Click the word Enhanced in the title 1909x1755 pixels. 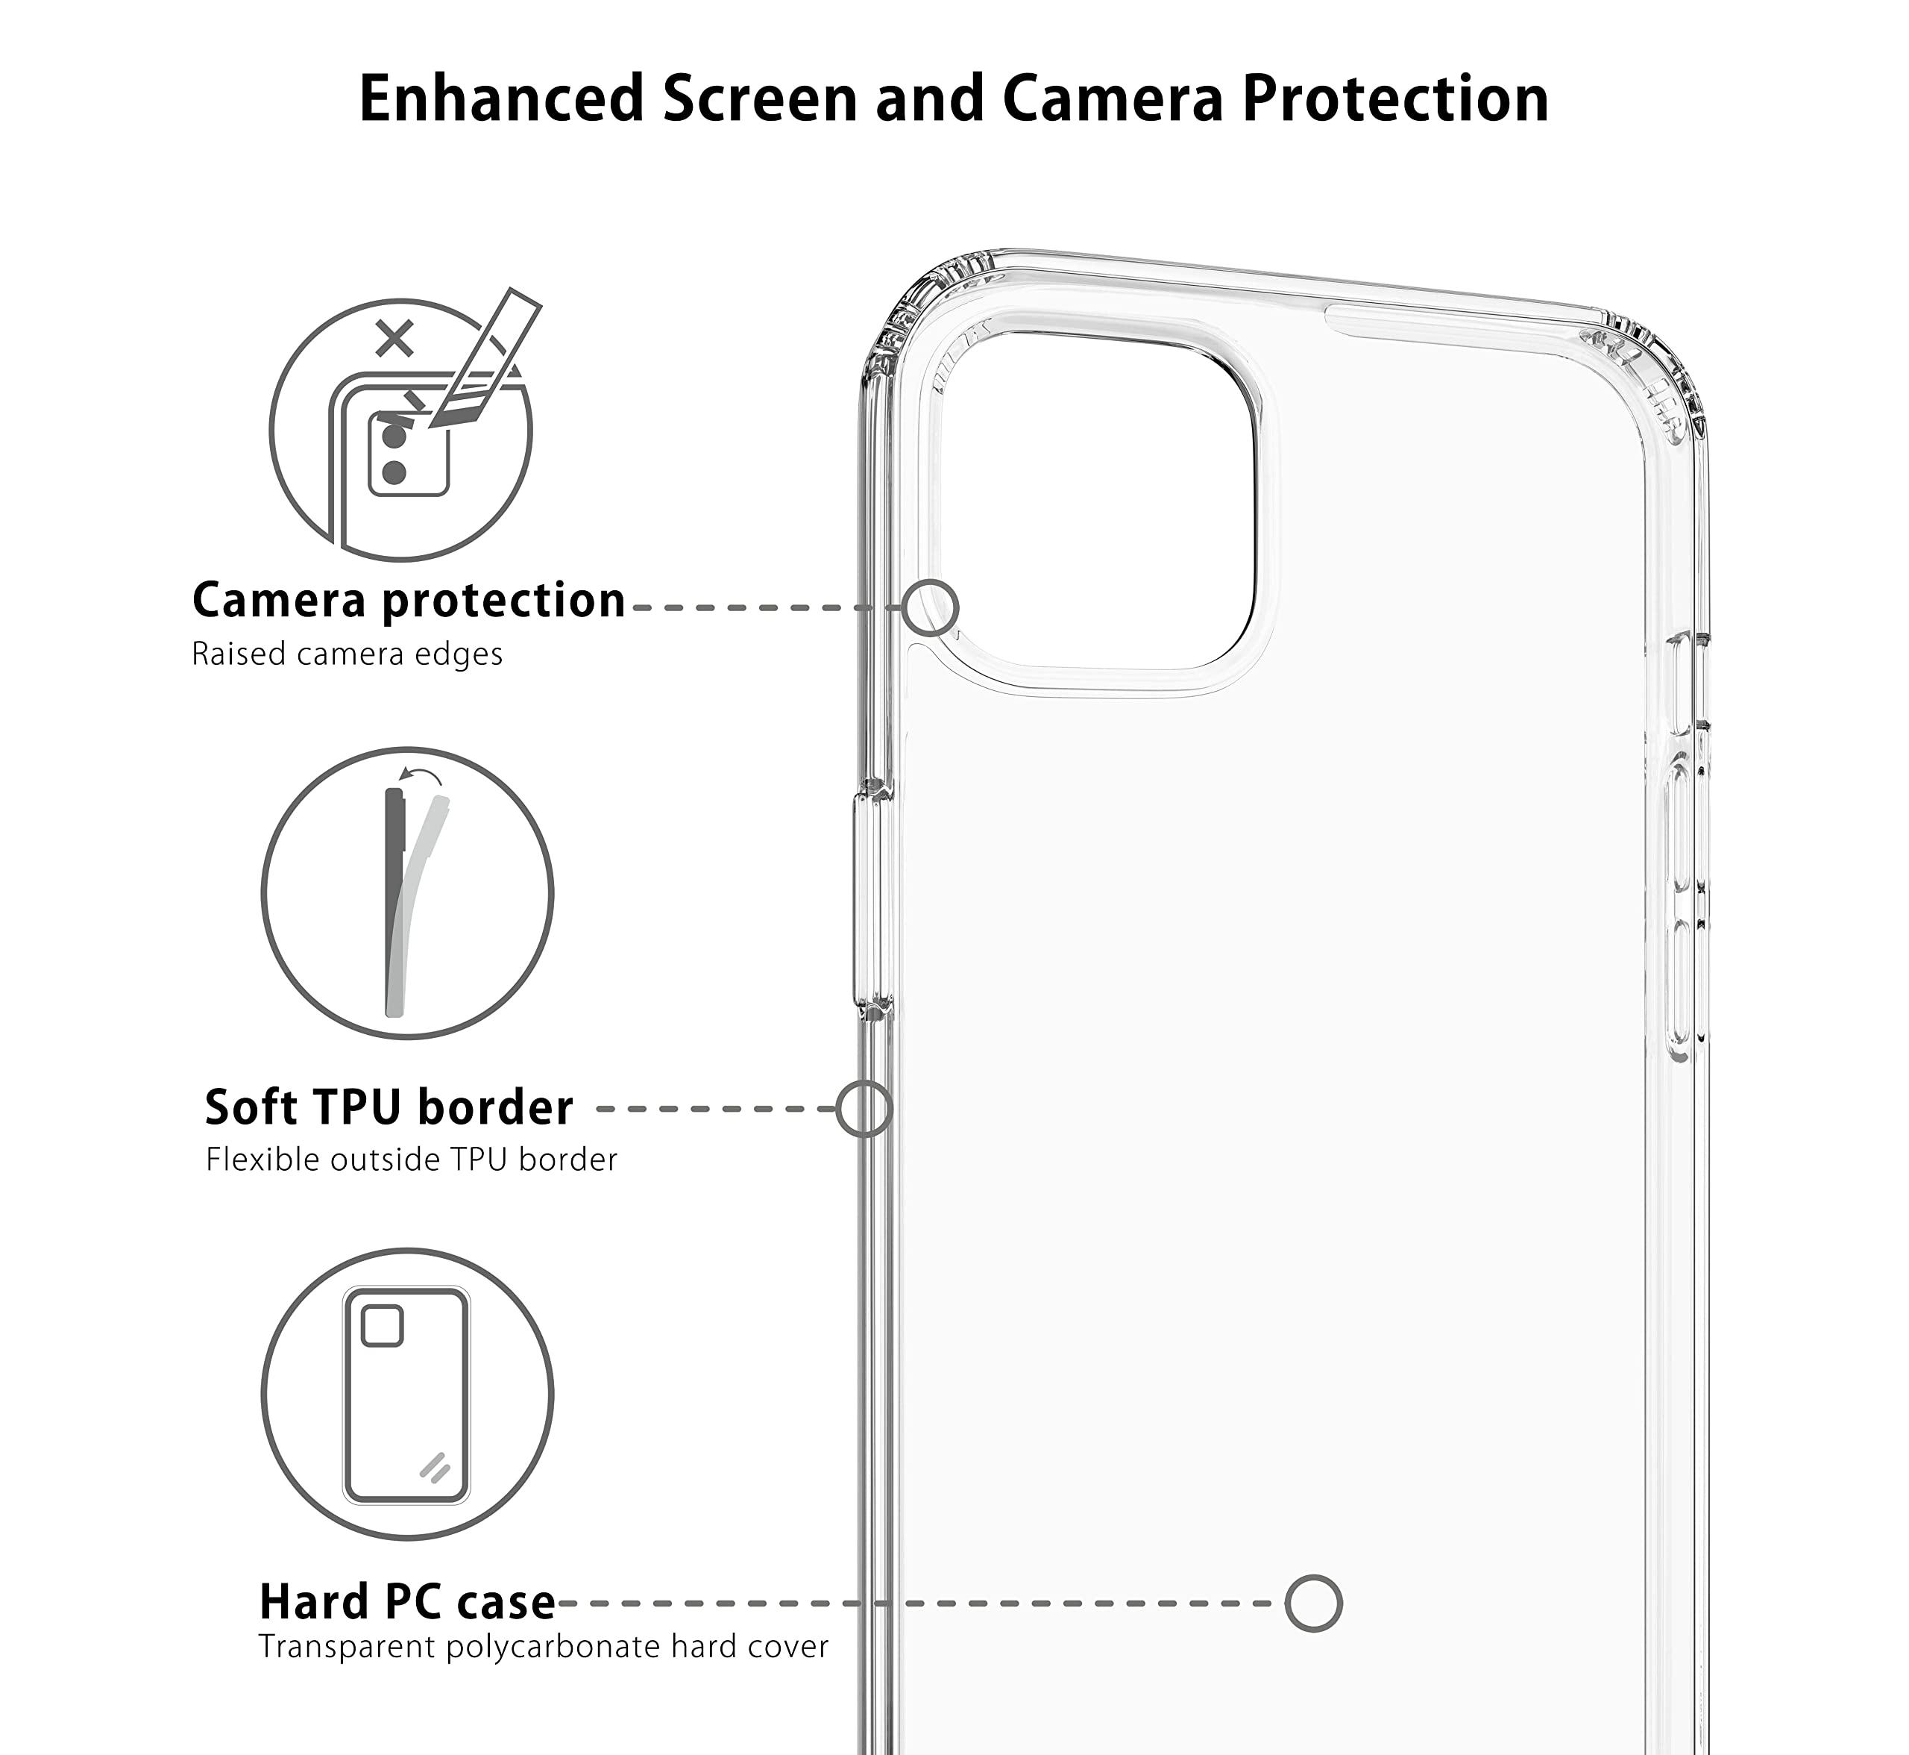[502, 98]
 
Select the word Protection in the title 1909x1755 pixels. [1395, 98]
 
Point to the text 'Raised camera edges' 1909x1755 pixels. [347, 654]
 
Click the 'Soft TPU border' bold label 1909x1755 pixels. [389, 1107]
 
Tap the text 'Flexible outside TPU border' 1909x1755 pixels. [412, 1160]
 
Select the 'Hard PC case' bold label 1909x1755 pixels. [407, 1602]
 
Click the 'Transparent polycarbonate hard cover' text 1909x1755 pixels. [544, 1647]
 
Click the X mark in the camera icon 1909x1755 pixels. [394, 339]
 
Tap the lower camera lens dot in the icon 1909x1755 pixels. [394, 472]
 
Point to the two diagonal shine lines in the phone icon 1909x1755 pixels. [435, 1467]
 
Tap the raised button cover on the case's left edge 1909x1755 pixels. [872, 901]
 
